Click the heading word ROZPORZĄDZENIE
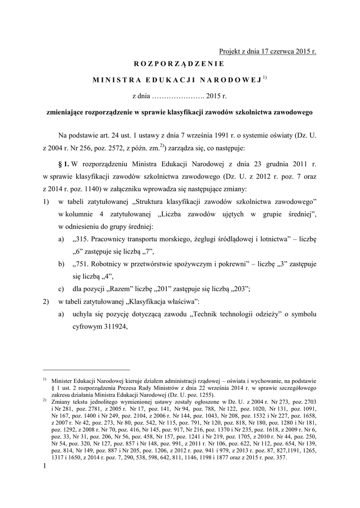click(179, 63)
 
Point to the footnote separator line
click(86, 370)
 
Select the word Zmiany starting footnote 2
click(62, 400)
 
